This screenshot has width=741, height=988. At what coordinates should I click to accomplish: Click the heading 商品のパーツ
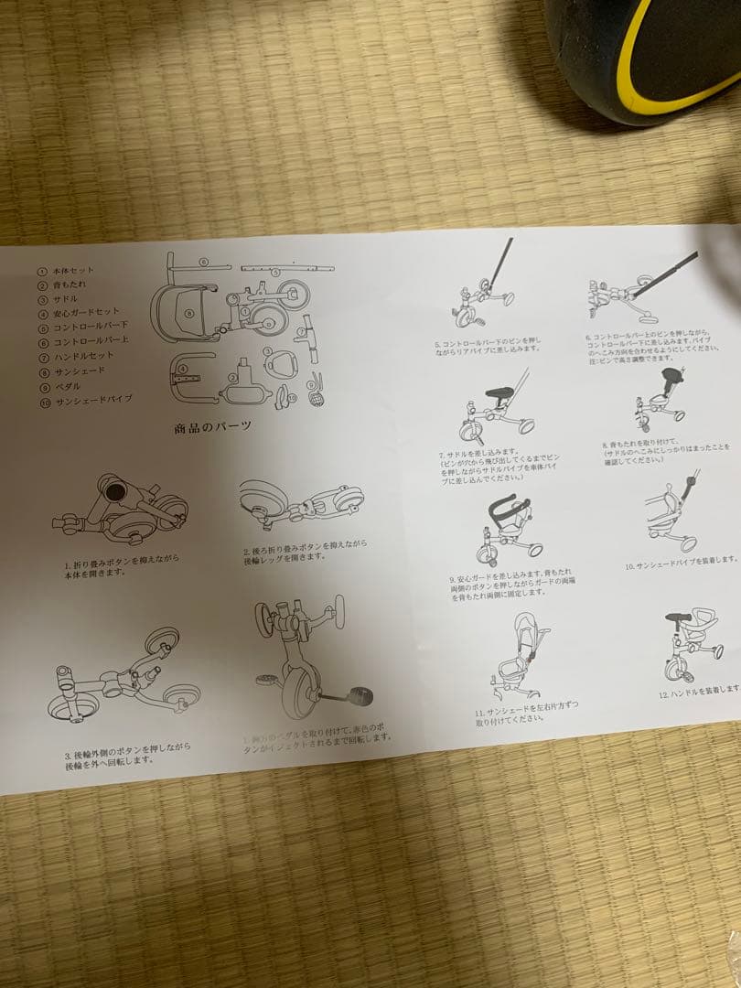click(x=212, y=426)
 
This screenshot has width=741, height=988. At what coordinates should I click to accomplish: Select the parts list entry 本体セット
click(x=73, y=271)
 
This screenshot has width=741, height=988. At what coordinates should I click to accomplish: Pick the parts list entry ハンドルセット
click(x=81, y=356)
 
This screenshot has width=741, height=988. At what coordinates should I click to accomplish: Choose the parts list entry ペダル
click(x=64, y=384)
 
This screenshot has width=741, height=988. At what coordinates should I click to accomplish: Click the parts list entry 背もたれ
click(x=68, y=285)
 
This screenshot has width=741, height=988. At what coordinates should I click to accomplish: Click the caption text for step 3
click(x=127, y=753)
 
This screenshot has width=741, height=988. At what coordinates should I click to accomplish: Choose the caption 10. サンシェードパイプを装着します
click(x=682, y=560)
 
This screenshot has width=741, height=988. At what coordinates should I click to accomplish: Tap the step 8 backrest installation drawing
click(x=659, y=401)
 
